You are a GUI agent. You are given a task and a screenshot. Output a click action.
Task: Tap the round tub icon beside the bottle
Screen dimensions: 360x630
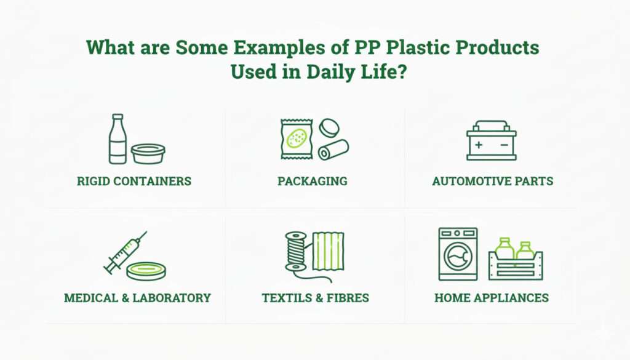tap(148, 153)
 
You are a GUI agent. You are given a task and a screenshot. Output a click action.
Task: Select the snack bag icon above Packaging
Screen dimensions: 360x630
tap(298, 139)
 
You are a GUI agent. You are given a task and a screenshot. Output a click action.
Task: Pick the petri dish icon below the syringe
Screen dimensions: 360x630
tap(146, 271)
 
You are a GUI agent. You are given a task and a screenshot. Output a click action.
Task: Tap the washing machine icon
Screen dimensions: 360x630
tap(458, 254)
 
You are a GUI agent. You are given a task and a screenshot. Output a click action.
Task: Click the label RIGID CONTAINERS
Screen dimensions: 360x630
tap(134, 182)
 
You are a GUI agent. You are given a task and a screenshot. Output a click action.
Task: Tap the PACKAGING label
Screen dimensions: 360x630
tap(312, 182)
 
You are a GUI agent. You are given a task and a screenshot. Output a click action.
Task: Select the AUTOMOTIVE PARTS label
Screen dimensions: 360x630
tap(492, 182)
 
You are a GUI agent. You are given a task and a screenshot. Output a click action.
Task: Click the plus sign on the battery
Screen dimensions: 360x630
tap(479, 145)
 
